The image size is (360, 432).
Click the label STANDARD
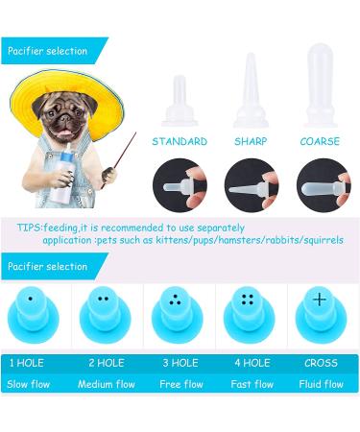(180, 141)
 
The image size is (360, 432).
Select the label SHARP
(251, 141)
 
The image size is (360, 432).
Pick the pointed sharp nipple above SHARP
(251, 91)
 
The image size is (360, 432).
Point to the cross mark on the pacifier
(320, 300)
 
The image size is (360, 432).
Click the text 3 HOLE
(180, 363)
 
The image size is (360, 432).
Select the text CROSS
(323, 363)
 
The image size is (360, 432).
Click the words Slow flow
(34, 384)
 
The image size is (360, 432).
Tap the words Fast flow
(251, 384)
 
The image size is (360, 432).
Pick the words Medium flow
(108, 384)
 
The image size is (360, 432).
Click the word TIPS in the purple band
(29, 228)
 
